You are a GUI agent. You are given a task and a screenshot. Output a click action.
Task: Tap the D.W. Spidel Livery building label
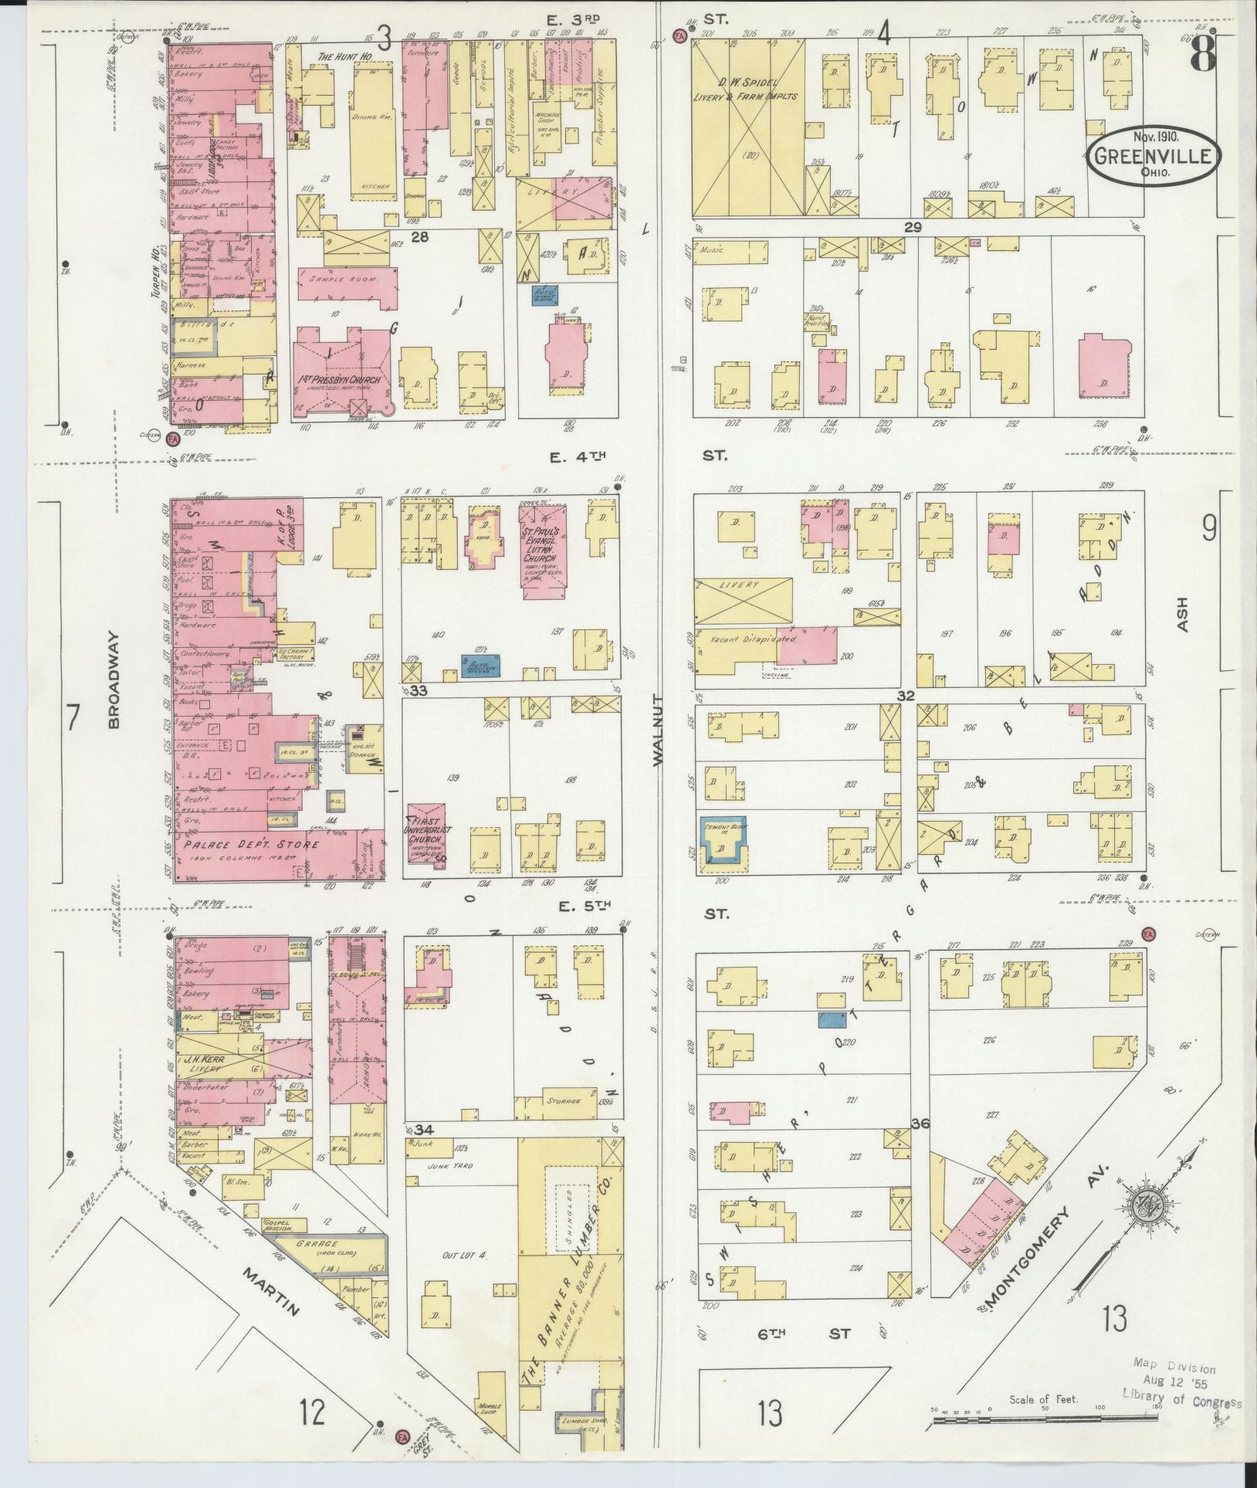747,90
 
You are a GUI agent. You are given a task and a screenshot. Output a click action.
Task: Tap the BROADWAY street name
114,680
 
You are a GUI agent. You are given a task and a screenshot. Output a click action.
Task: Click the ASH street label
1182,615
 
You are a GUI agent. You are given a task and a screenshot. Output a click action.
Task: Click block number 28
419,237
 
